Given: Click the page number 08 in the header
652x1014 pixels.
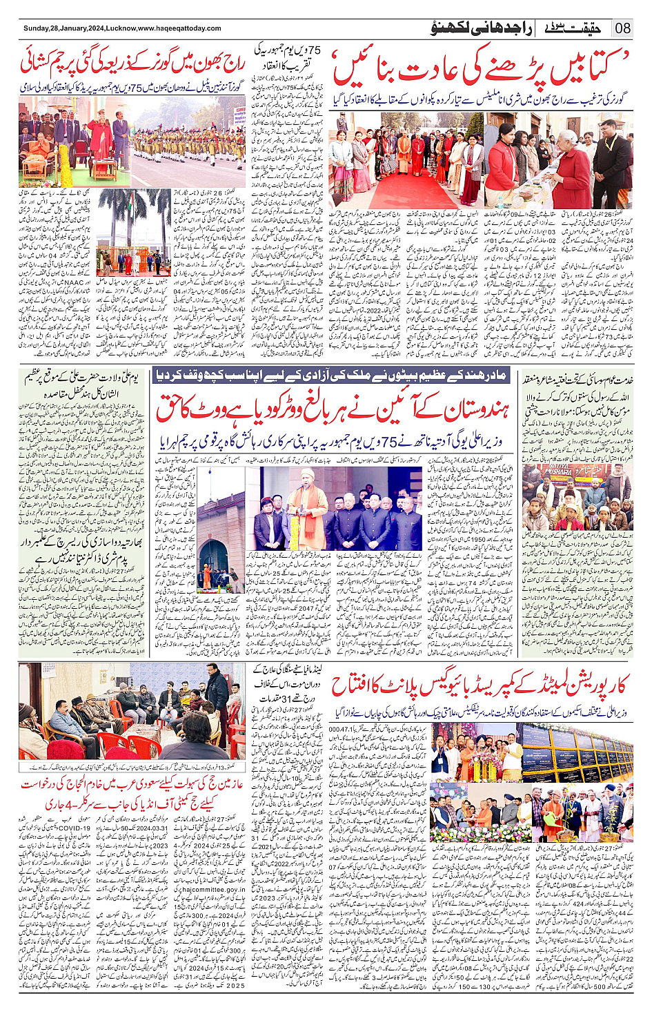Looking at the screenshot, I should click(623, 28).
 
